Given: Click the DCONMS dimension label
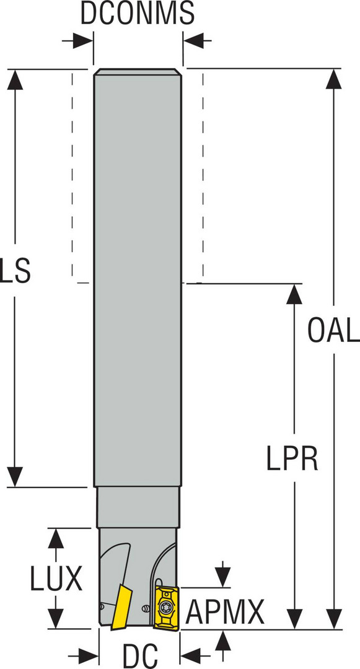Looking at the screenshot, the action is click(x=138, y=13).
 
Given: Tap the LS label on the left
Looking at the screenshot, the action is click(x=15, y=270).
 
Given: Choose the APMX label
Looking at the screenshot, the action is click(x=225, y=612).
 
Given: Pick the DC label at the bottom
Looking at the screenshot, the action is click(x=140, y=656).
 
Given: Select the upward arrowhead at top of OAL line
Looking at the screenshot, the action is click(x=333, y=79).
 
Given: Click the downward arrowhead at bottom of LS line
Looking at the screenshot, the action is click(x=15, y=477).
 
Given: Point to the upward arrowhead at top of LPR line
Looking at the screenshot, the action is click(x=294, y=294).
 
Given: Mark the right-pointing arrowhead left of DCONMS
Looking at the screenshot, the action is click(x=83, y=41).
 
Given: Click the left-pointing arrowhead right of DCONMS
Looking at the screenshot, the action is click(x=193, y=41).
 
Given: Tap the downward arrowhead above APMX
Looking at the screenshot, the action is click(x=223, y=577).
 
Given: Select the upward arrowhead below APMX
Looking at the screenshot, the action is click(x=223, y=639).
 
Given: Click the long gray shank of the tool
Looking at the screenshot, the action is click(x=138, y=278).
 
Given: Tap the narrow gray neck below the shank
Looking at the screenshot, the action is click(x=138, y=507).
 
